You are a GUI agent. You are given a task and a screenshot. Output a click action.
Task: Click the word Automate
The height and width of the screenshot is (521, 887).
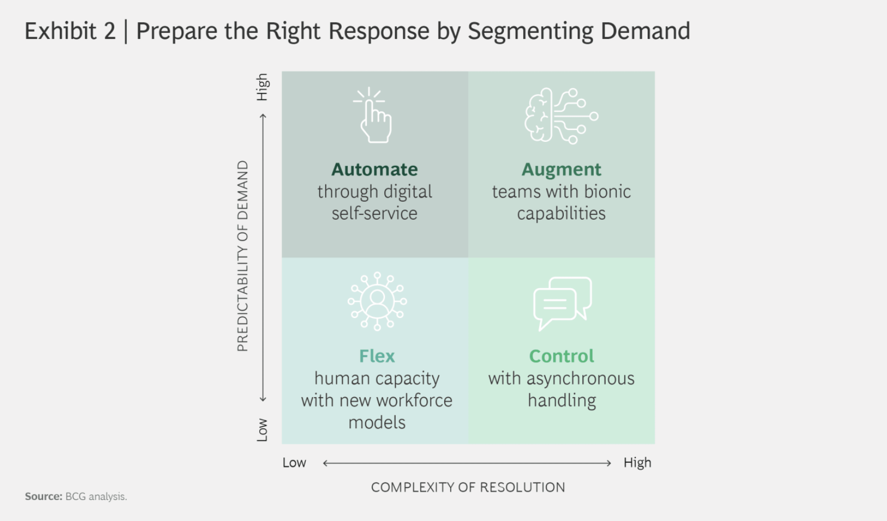374,169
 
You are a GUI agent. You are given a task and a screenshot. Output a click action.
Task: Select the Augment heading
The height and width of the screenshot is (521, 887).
561,169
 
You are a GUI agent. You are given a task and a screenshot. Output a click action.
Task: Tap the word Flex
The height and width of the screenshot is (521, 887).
376,356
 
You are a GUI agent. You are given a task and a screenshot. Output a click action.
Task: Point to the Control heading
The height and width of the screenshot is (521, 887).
561,356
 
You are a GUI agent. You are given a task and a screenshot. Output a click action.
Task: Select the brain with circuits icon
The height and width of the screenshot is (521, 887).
561,116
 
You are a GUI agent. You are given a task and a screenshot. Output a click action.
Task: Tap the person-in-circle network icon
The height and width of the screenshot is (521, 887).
377,301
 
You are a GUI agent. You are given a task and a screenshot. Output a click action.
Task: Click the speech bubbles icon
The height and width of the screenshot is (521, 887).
562,304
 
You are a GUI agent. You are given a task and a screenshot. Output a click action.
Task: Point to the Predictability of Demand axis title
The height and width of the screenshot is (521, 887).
242,256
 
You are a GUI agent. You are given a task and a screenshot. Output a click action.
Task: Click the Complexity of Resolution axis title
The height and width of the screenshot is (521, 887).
468,487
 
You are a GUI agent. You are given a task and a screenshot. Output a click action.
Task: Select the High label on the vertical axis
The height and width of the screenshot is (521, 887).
262,87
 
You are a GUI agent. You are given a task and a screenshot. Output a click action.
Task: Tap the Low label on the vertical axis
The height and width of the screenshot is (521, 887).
262,430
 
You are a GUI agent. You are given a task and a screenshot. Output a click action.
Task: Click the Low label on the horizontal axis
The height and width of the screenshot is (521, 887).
294,462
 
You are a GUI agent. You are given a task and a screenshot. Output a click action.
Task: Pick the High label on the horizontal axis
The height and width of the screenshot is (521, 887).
637,462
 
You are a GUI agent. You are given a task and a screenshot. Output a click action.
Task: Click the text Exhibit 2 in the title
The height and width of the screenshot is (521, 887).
70,31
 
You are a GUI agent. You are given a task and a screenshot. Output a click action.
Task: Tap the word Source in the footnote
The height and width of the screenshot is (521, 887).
44,496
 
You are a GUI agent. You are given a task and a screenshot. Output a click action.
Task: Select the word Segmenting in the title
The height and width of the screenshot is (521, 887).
530,32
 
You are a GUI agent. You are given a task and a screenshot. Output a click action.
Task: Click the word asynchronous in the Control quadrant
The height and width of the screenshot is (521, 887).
580,378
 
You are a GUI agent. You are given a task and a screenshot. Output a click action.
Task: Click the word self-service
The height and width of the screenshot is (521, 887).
374,213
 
